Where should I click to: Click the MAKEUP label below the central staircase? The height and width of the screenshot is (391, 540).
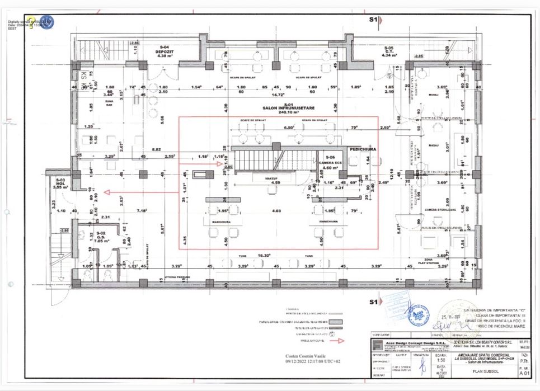[272, 177]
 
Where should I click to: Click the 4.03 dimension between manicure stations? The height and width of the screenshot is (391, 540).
[276, 211]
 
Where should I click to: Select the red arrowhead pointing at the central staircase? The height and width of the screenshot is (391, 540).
[220, 164]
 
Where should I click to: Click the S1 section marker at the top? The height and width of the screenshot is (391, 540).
[373, 19]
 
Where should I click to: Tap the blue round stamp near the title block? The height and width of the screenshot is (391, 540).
[419, 315]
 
